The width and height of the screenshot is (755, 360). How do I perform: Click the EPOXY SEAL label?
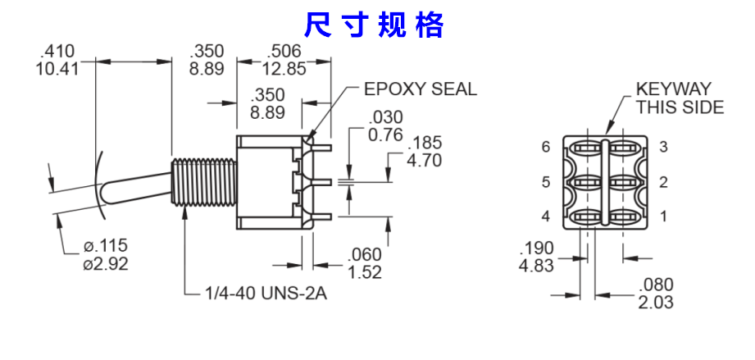click(420, 89)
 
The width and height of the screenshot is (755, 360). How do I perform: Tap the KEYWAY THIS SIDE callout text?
click(680, 98)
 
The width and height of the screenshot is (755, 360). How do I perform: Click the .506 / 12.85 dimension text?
click(284, 60)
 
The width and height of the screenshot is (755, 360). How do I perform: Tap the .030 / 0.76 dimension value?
click(386, 125)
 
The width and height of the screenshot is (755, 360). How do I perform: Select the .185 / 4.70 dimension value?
click(425, 151)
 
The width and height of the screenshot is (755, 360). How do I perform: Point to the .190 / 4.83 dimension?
click(537, 257)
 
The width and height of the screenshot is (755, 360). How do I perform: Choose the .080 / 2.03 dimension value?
click(656, 293)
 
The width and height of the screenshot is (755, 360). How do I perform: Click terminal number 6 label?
click(545, 148)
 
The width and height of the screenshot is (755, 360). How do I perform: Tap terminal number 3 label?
click(663, 148)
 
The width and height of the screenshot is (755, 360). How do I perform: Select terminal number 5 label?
click(545, 182)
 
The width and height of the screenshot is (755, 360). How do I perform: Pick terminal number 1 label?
click(663, 216)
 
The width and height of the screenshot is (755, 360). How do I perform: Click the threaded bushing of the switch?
click(206, 182)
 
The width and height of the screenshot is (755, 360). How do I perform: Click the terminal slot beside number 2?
click(625, 181)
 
